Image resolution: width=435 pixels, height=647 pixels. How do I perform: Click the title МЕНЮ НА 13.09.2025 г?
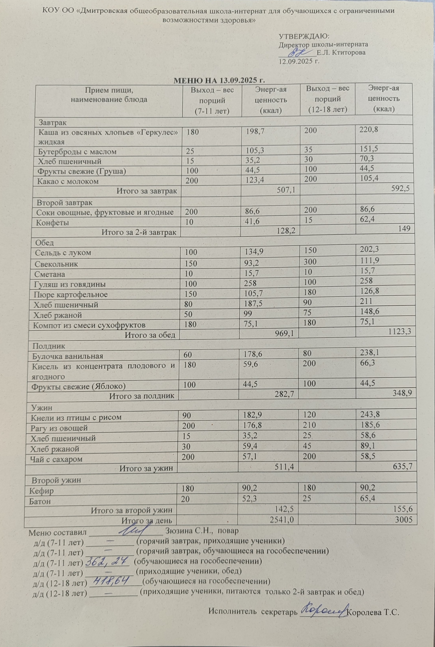[x=219, y=80]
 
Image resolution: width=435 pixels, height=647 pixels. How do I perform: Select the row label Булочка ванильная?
[x=68, y=356]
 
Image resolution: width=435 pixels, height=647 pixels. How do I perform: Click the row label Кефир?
[x=42, y=491]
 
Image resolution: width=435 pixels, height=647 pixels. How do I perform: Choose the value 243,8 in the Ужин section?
[x=369, y=414]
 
